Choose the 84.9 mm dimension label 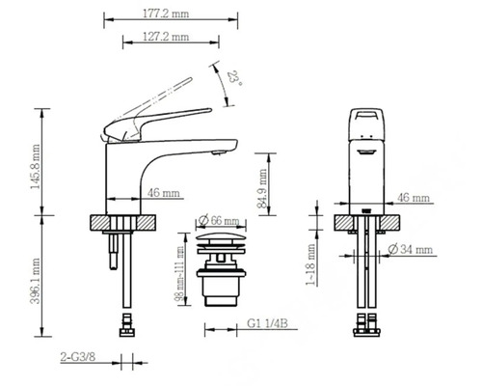263,191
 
